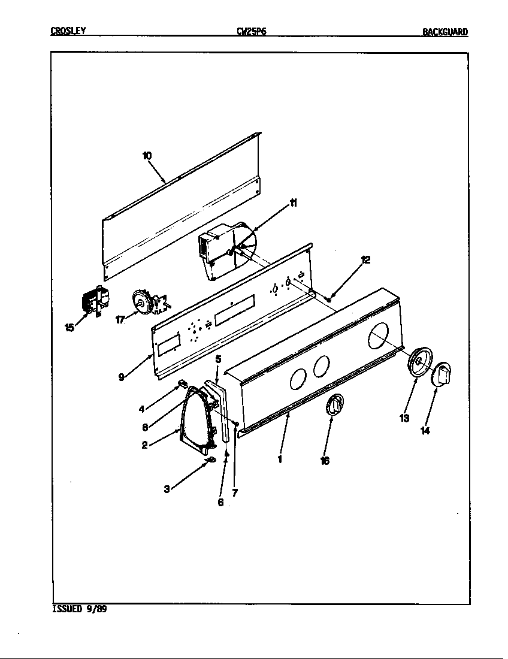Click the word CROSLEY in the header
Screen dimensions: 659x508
coord(67,32)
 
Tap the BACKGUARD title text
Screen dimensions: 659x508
coord(444,32)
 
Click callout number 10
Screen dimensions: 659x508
coord(147,156)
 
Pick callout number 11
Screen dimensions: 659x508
coord(294,203)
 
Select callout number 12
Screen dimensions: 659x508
coord(365,259)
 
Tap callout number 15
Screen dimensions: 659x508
coord(70,327)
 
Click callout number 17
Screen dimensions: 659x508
coord(120,319)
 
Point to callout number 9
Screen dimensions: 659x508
coord(122,377)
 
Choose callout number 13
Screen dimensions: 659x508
coord(404,418)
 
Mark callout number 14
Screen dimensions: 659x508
coord(425,430)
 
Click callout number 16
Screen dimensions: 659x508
coord(325,461)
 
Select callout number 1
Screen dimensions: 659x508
coord(279,460)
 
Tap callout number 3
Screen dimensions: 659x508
coord(167,489)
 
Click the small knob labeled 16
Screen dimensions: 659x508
coord(335,405)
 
